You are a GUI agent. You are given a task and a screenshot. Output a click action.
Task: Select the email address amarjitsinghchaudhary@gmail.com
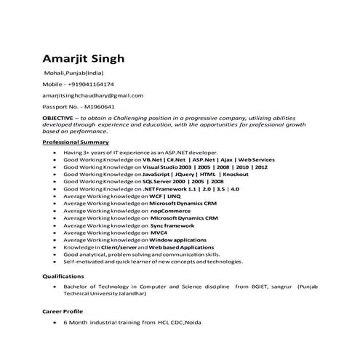click(x=93, y=95)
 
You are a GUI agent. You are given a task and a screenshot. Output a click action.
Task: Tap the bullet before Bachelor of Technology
click(x=56, y=288)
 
